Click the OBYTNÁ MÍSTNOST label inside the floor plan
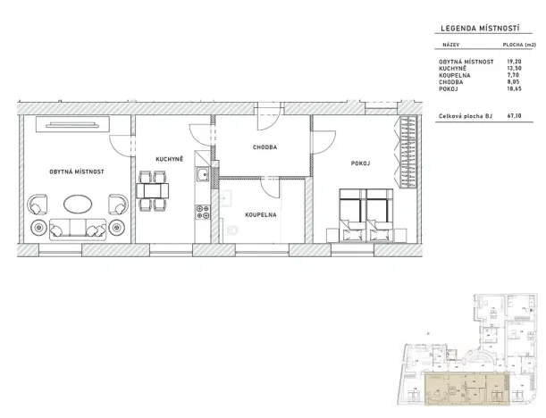(x=78, y=170)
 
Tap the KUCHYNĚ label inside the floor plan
(x=169, y=159)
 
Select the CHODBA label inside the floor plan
(x=265, y=147)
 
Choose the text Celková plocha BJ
(x=466, y=115)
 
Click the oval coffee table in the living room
(x=76, y=203)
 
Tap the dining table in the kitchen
(x=152, y=190)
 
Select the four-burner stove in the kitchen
(x=203, y=213)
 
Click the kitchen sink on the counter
(x=204, y=174)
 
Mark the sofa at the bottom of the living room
(x=76, y=229)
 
